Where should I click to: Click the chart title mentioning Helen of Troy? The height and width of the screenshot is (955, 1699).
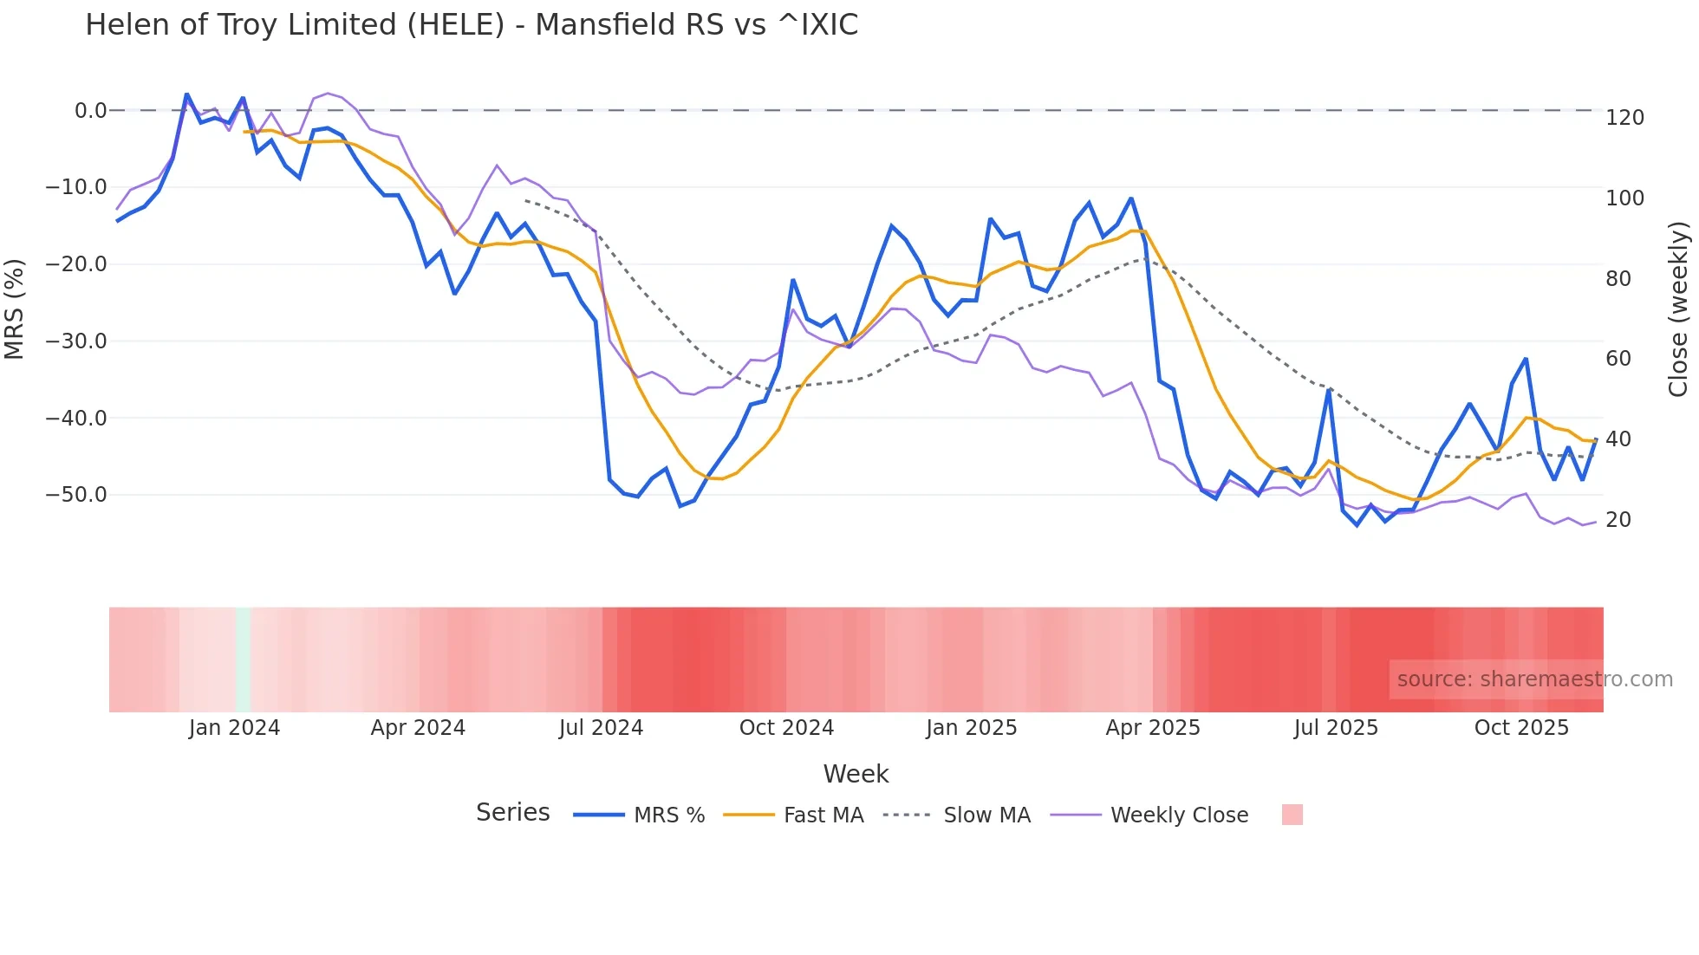coord(472,25)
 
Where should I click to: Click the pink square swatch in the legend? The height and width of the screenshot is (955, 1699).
coord(1292,815)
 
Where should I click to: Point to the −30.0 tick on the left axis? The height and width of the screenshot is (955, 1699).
coord(76,341)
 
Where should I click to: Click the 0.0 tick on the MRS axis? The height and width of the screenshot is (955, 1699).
coord(90,111)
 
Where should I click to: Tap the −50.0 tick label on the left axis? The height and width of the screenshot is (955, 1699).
coord(76,495)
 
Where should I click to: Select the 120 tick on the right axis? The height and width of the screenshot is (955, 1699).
coord(1624,118)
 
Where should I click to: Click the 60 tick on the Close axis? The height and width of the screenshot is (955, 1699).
coord(1618,359)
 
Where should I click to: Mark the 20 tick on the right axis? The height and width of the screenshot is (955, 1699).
coord(1618,520)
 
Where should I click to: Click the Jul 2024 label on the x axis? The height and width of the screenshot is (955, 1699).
coord(601,728)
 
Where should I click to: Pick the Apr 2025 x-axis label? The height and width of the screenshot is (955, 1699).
coord(1153,728)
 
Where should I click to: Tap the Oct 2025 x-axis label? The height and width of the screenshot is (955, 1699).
coord(1521,728)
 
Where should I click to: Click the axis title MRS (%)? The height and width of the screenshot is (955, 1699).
coord(15,309)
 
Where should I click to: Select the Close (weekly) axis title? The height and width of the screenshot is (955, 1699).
coord(1678,309)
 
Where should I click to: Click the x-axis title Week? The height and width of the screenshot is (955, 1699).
coord(856,774)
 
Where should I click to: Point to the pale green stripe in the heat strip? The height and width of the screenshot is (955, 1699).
coord(243,659)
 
